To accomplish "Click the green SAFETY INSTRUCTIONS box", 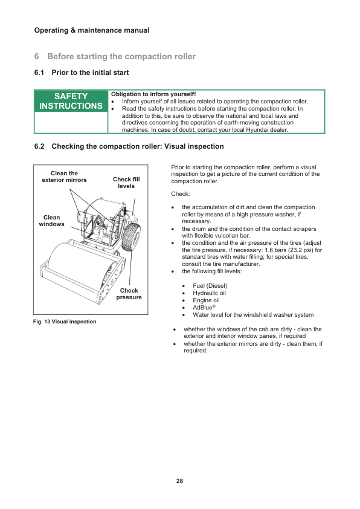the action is click(71, 101).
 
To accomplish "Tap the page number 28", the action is click(179, 481).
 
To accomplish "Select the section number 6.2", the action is click(39, 146).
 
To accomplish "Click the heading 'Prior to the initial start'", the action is click(90, 73).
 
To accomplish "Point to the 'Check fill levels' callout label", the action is click(126, 183).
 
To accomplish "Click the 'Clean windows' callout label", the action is click(51, 221).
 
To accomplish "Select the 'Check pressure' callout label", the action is click(129, 294).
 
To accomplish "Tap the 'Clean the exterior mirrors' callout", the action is click(64, 177).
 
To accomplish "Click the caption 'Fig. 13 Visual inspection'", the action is click(65, 322).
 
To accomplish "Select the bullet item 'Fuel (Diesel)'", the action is click(210, 286).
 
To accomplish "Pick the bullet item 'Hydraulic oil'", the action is click(209, 293).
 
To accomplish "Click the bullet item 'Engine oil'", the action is click(206, 300).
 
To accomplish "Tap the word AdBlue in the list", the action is click(202, 308).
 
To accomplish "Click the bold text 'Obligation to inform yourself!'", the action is click(153, 94).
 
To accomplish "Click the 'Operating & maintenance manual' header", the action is click(92, 30).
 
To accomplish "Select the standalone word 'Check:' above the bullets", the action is click(181, 194).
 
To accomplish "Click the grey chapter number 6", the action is click(37, 56).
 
